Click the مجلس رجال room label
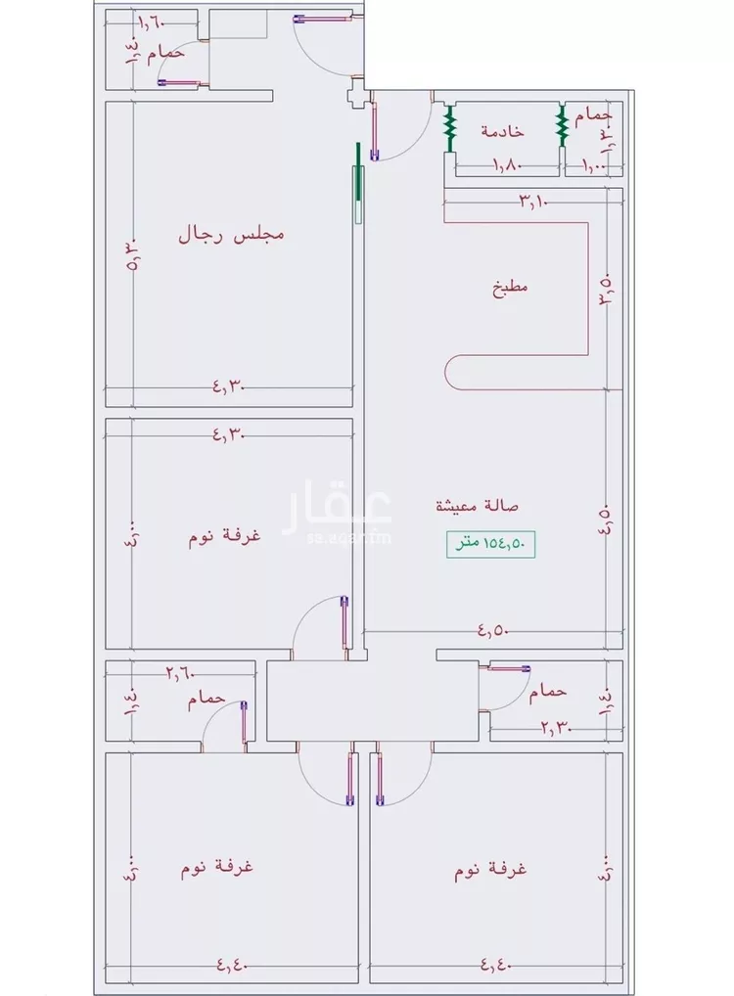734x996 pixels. pos(231,235)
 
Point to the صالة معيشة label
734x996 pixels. pos(478,506)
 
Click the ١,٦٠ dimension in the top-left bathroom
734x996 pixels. pos(152,22)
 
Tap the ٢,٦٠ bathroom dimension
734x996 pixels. pos(180,672)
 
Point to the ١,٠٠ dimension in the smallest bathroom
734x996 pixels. pos(594,166)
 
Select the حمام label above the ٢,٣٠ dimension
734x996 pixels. pos(547,692)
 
